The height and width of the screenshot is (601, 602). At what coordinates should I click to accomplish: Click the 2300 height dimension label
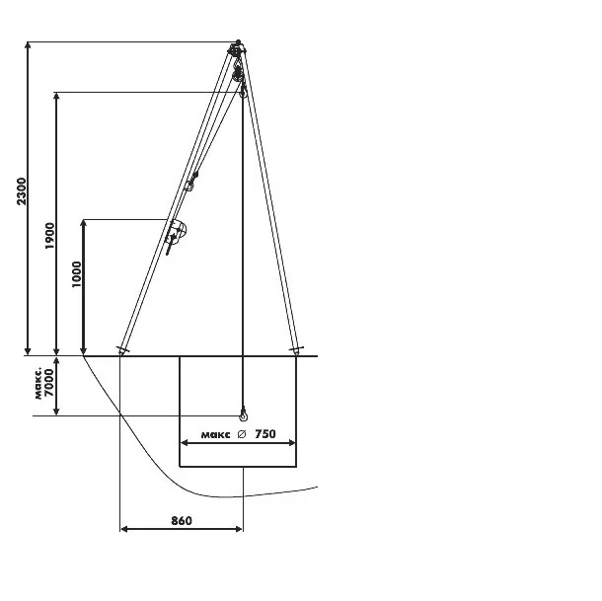[x=22, y=191]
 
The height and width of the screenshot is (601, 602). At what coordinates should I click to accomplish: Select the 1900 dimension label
[x=50, y=236]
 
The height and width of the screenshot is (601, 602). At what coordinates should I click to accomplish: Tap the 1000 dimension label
[x=77, y=273]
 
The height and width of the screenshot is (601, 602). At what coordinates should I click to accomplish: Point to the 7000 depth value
[x=49, y=383]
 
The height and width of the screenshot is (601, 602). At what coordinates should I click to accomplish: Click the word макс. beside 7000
[x=38, y=384]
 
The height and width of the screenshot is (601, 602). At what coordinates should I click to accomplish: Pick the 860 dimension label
[x=182, y=521]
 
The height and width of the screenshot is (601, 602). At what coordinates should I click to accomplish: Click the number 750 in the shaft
[x=265, y=434]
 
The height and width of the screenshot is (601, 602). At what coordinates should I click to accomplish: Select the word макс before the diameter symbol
[x=216, y=435]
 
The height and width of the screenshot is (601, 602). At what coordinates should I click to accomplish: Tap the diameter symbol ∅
[x=242, y=434]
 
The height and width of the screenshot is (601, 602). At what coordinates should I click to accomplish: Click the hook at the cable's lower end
[x=244, y=414]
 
